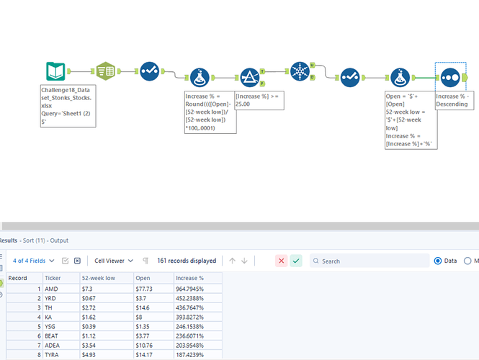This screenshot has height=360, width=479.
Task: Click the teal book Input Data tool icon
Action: (55, 71)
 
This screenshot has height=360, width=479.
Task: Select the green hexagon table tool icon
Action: (106, 71)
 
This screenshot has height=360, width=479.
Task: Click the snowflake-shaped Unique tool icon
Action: (300, 71)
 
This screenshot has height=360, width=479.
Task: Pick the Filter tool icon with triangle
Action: (250, 78)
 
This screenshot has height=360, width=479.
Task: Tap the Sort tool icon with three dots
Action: (450, 78)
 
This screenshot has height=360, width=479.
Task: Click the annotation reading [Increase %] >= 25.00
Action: (259, 100)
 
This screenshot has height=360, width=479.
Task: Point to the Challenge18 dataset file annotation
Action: (68, 106)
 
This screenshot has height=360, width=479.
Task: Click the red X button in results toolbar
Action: (282, 261)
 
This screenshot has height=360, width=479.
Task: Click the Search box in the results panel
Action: (370, 261)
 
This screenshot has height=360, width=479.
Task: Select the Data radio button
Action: (438, 261)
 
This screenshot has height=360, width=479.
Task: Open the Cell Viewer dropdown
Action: (114, 261)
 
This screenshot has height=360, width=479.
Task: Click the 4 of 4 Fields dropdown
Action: (33, 261)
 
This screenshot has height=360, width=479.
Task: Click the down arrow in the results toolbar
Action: (244, 261)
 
